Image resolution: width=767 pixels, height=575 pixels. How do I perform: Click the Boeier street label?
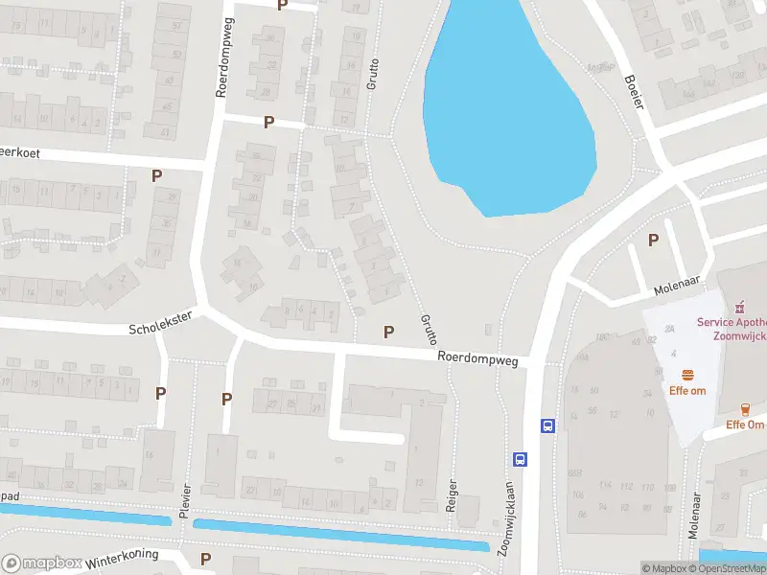pyautogui.click(x=632, y=92)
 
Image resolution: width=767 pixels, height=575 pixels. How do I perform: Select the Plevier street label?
pyautogui.click(x=184, y=499)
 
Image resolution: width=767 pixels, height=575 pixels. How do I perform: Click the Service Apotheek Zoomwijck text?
pyautogui.click(x=732, y=330)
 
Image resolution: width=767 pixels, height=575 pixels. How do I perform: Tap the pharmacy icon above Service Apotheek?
pyautogui.click(x=738, y=308)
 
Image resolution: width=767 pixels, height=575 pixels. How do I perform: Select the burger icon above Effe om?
pyautogui.click(x=686, y=375)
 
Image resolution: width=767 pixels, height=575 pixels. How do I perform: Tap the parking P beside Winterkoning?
pyautogui.click(x=205, y=559)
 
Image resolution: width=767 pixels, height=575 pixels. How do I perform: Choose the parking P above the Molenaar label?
pyautogui.click(x=654, y=241)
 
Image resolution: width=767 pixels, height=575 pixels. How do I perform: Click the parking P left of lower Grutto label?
pyautogui.click(x=388, y=332)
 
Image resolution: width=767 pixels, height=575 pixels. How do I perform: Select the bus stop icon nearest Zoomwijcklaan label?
pyautogui.click(x=520, y=459)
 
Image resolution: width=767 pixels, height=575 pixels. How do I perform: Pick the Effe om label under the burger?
pyautogui.click(x=686, y=391)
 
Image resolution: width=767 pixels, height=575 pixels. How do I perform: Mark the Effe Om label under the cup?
pyautogui.click(x=745, y=425)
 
